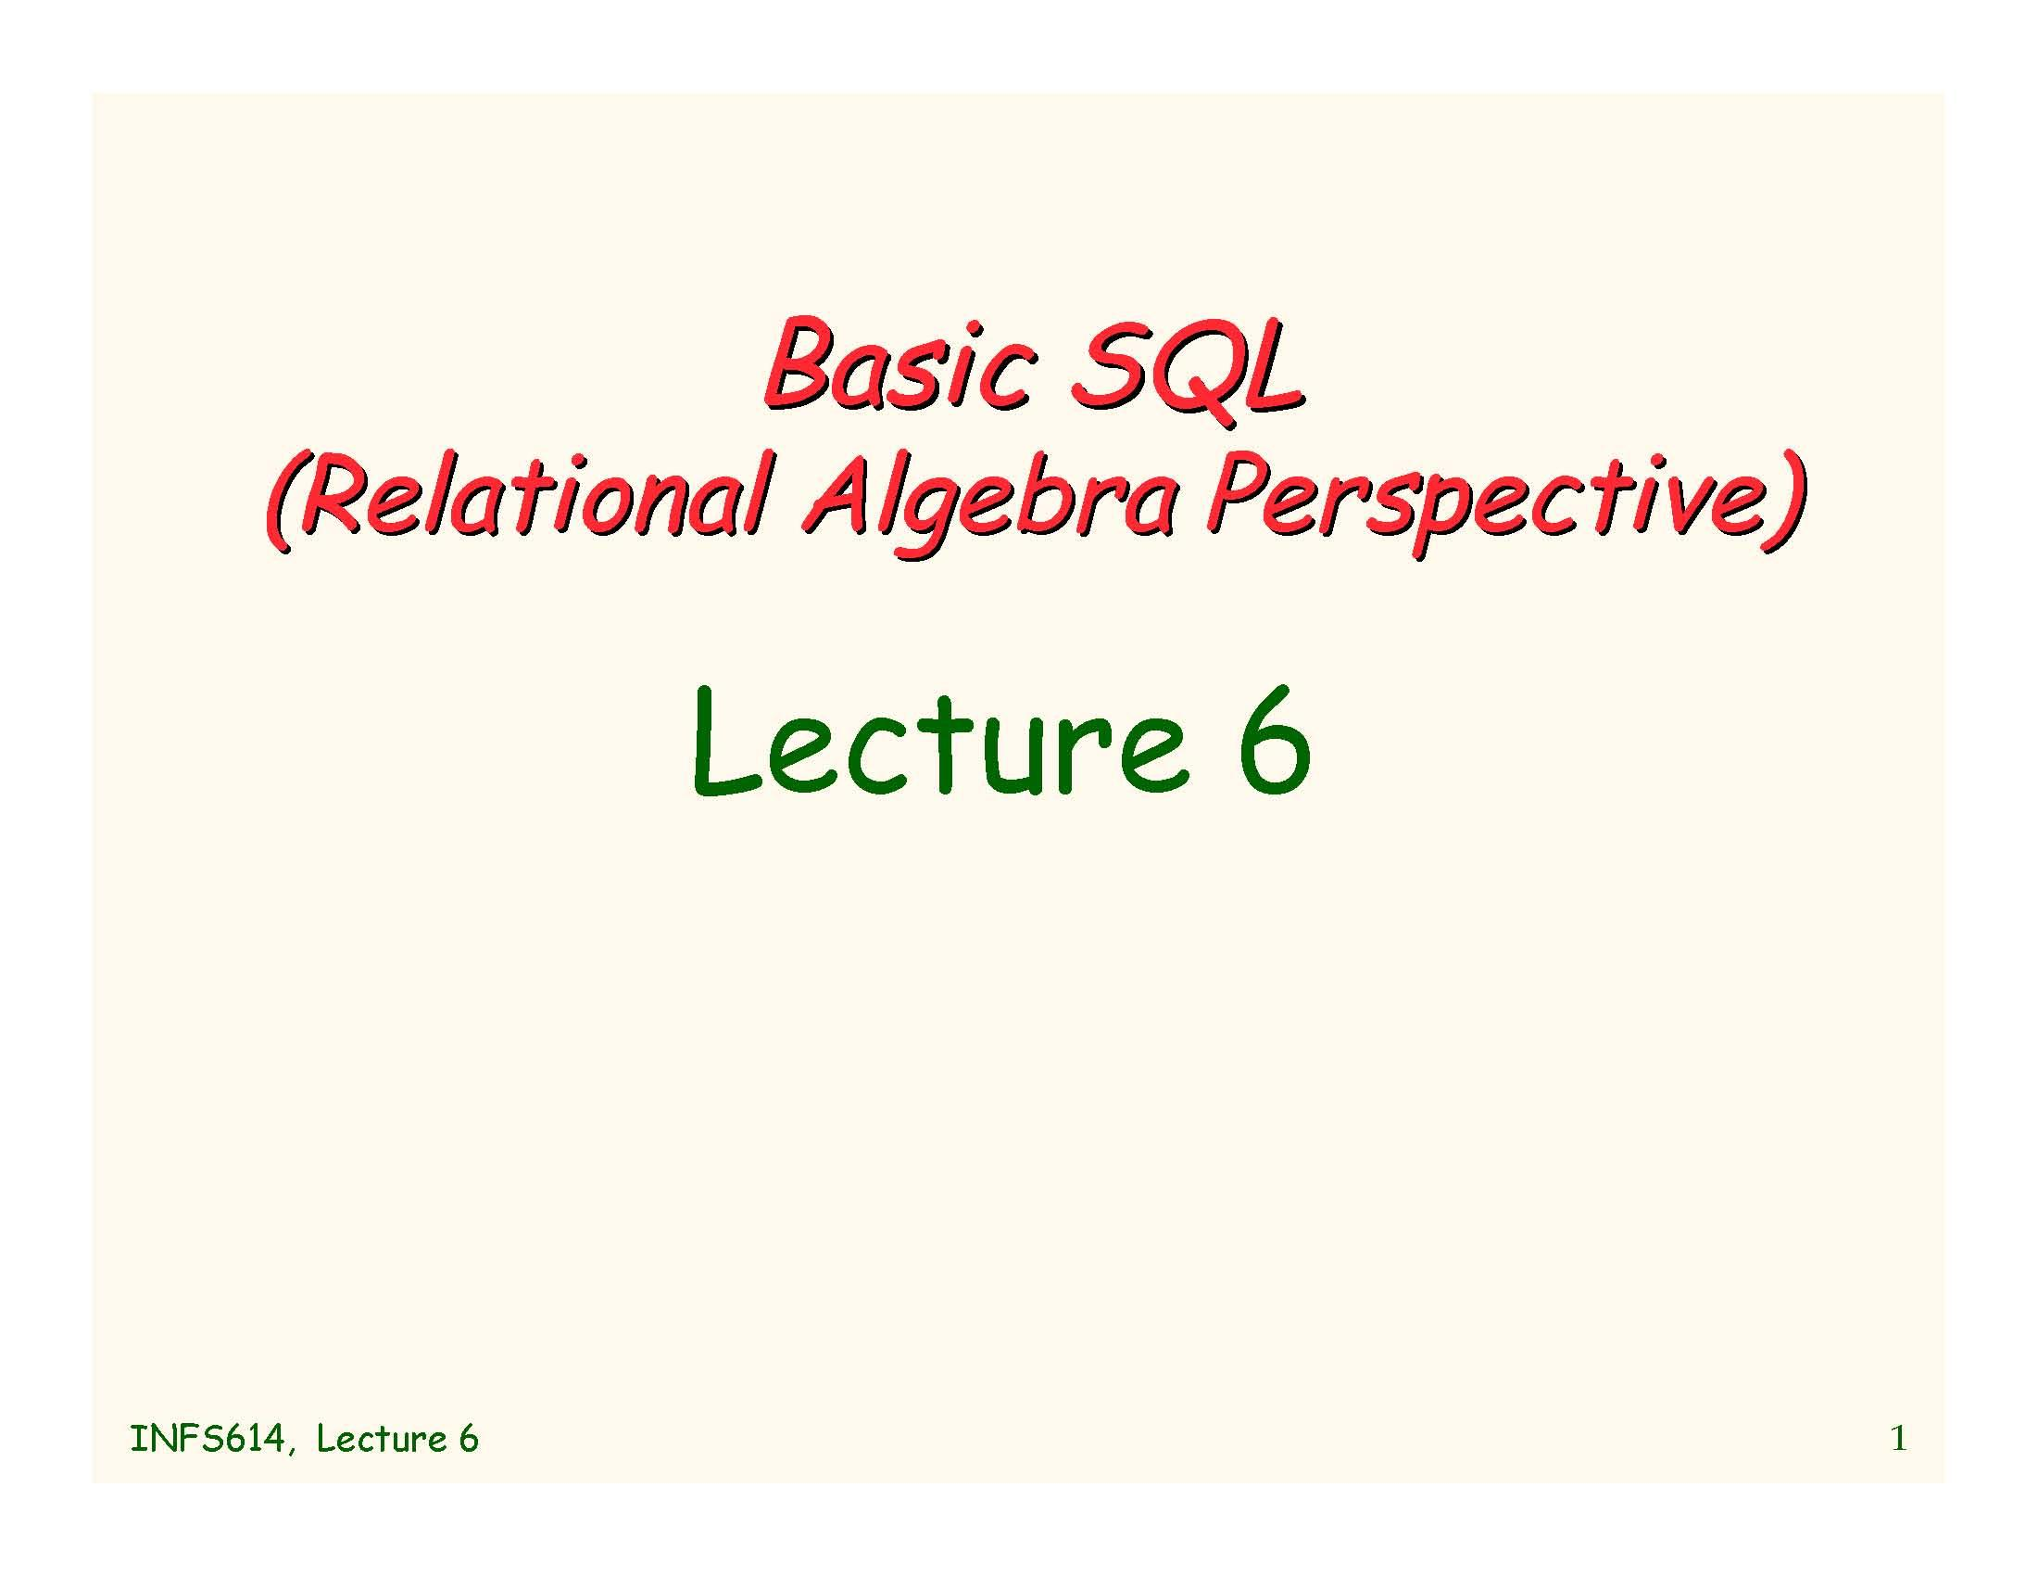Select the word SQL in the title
coord(1187,374)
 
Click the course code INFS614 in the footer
coord(208,1440)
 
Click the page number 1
coord(1898,1439)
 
